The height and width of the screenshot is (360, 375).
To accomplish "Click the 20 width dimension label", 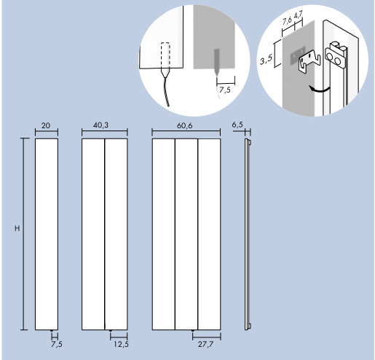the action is (x=46, y=125).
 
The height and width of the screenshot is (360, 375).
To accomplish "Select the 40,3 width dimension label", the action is (x=101, y=125).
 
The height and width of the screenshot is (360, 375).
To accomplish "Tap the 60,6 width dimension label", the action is (x=185, y=125).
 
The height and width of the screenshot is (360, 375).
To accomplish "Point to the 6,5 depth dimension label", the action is (x=237, y=125).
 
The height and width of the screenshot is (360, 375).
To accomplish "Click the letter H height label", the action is (x=17, y=228).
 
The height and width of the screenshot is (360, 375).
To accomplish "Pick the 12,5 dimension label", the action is (x=121, y=344).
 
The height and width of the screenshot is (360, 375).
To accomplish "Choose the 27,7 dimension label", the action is (x=206, y=345).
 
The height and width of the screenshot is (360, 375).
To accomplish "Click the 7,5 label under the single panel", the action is (x=57, y=344).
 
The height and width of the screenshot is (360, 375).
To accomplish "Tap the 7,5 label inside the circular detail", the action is (x=225, y=90).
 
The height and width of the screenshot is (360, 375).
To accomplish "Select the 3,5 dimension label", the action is (x=267, y=59).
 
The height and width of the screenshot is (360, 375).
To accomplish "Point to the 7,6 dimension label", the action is (x=288, y=21).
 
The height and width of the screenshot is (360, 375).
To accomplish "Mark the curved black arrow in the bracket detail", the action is (x=320, y=89).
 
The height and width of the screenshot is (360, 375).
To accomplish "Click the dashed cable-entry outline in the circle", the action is (x=165, y=55).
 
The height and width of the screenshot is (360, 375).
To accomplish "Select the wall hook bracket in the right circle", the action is (x=309, y=62).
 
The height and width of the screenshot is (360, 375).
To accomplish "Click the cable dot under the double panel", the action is (x=111, y=331).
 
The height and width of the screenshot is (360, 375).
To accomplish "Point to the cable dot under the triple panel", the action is (x=193, y=331).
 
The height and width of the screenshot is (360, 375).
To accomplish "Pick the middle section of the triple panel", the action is (x=186, y=234).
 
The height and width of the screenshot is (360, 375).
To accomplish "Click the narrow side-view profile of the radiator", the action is (x=248, y=234).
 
